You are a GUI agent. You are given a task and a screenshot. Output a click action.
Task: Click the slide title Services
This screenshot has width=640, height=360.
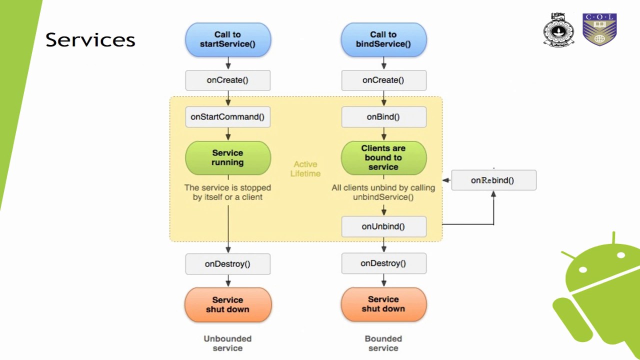pos(90,40)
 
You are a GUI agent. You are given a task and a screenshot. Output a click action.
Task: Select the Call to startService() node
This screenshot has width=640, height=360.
pos(228,39)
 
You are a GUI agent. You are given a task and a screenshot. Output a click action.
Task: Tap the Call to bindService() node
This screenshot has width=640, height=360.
pos(383,39)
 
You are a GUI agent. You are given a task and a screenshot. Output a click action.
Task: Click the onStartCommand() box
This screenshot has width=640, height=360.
pos(227,117)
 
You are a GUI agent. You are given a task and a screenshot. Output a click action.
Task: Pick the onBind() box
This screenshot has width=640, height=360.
pos(383,117)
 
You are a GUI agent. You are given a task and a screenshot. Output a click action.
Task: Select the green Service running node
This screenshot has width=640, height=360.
pos(228,158)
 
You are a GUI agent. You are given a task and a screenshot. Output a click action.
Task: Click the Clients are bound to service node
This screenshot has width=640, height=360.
pos(383,158)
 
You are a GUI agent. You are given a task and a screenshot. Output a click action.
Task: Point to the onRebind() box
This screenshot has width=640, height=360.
pos(493,180)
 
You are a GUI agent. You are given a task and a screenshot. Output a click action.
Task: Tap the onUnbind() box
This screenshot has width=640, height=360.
pos(383,226)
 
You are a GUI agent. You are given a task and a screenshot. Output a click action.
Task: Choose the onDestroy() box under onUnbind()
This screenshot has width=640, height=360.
pos(383,263)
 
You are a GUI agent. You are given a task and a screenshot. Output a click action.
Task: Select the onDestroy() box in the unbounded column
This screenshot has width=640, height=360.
pos(227,264)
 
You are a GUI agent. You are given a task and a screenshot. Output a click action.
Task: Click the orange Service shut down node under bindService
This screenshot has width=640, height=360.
pos(383,304)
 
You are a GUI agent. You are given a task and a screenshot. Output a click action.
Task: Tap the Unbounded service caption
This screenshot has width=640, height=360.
pos(227,343)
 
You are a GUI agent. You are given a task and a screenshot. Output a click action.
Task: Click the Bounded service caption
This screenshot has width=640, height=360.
pos(383,343)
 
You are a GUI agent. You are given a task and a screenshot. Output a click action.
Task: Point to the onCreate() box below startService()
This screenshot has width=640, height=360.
pos(227,80)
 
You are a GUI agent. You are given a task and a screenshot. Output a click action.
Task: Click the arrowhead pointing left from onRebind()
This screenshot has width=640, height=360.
pos(445,180)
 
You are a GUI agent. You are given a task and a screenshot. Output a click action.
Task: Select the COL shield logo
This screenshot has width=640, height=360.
pos(599,29)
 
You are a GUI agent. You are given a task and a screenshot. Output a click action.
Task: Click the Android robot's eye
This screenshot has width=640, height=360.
pos(583,270)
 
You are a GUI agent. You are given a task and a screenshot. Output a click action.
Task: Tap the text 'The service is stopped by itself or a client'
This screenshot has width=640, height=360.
pos(227,192)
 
